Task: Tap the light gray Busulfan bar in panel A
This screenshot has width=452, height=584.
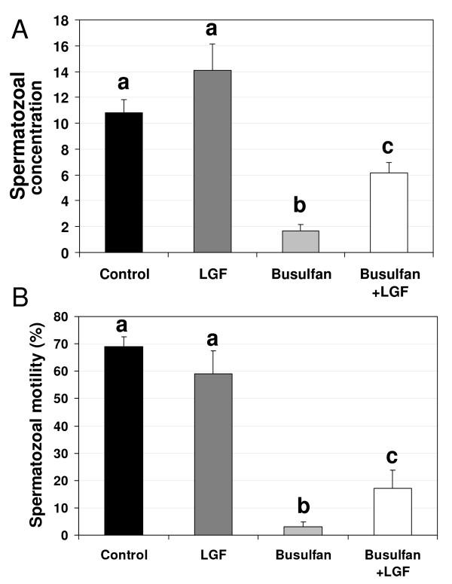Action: pyautogui.click(x=300, y=242)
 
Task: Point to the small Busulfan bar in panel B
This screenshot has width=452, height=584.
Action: pyautogui.click(x=300, y=530)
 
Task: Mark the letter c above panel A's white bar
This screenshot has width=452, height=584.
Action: pyautogui.click(x=389, y=147)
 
